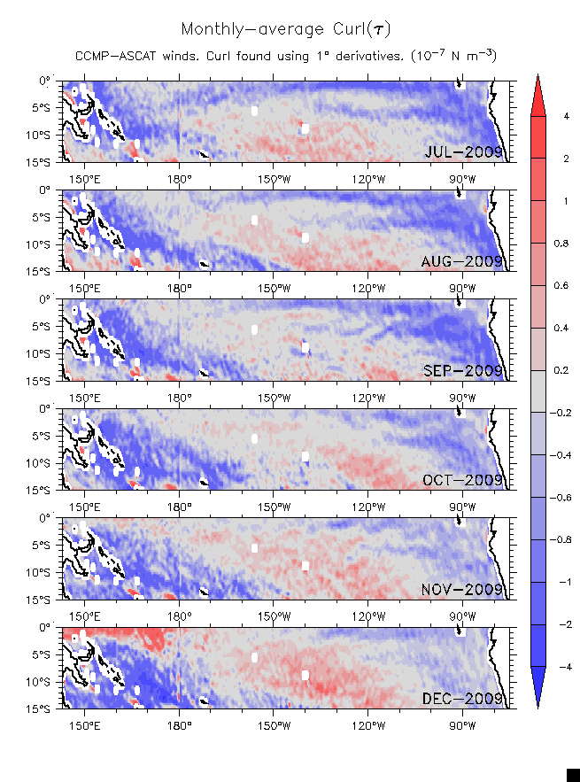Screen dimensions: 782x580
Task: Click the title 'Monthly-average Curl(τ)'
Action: pyautogui.click(x=285, y=30)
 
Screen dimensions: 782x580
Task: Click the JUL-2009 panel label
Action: pyautogui.click(x=464, y=152)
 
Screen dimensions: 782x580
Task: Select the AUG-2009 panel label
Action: pyautogui.click(x=463, y=261)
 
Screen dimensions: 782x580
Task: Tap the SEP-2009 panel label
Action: pyautogui.click(x=464, y=371)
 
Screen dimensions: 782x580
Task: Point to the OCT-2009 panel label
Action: pyautogui.click(x=464, y=480)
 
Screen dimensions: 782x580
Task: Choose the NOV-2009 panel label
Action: pyautogui.click(x=463, y=589)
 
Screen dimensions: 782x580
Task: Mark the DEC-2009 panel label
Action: pyautogui.click(x=463, y=699)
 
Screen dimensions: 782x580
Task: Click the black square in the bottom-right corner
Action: pyautogui.click(x=573, y=775)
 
